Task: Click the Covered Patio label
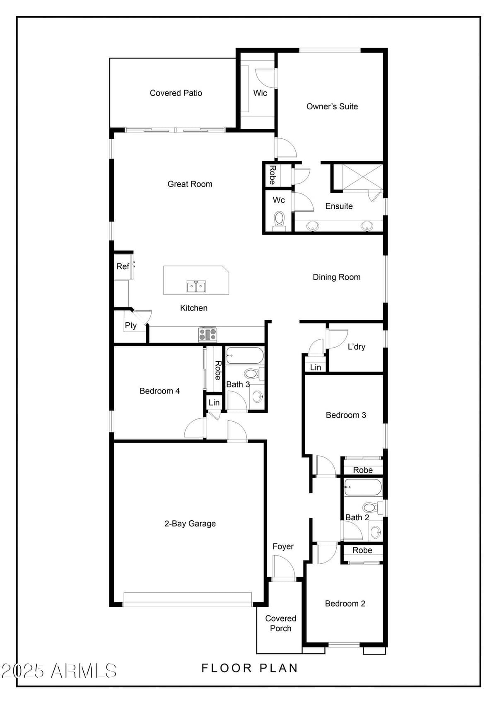(x=176, y=93)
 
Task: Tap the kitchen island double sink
(x=196, y=286)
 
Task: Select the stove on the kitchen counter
(x=207, y=334)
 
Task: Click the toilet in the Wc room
(x=279, y=219)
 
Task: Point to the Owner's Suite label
(x=332, y=106)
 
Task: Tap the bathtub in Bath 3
(x=244, y=356)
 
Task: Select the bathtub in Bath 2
(x=363, y=487)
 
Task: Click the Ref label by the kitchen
(x=123, y=266)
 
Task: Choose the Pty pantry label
(x=130, y=325)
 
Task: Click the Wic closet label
(x=260, y=93)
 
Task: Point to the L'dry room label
(x=356, y=347)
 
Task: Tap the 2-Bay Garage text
(x=190, y=524)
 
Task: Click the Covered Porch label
(x=280, y=623)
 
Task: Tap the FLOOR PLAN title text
(x=249, y=668)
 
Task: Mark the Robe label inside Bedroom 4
(x=217, y=370)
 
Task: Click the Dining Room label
(x=336, y=277)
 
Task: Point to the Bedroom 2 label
(x=345, y=604)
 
